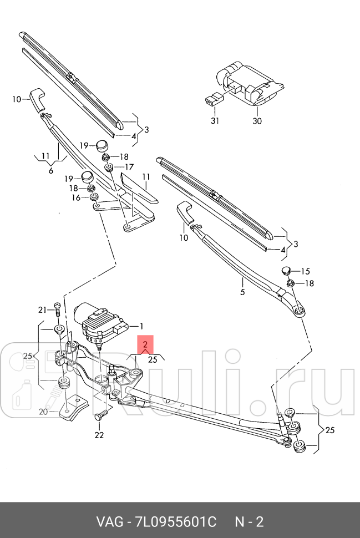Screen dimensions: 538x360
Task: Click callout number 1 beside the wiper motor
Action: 141,326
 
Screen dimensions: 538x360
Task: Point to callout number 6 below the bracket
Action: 50,170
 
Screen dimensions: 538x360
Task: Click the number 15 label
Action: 306,271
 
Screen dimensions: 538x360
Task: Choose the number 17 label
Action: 129,167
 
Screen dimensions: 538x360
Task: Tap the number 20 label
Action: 43,412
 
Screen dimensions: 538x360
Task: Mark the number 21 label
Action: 42,309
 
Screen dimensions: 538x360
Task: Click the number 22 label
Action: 99,435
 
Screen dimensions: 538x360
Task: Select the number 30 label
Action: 257,121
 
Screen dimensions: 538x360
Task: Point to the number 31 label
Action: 215,121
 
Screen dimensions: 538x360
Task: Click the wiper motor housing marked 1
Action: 103,324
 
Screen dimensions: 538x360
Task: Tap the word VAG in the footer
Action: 109,522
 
